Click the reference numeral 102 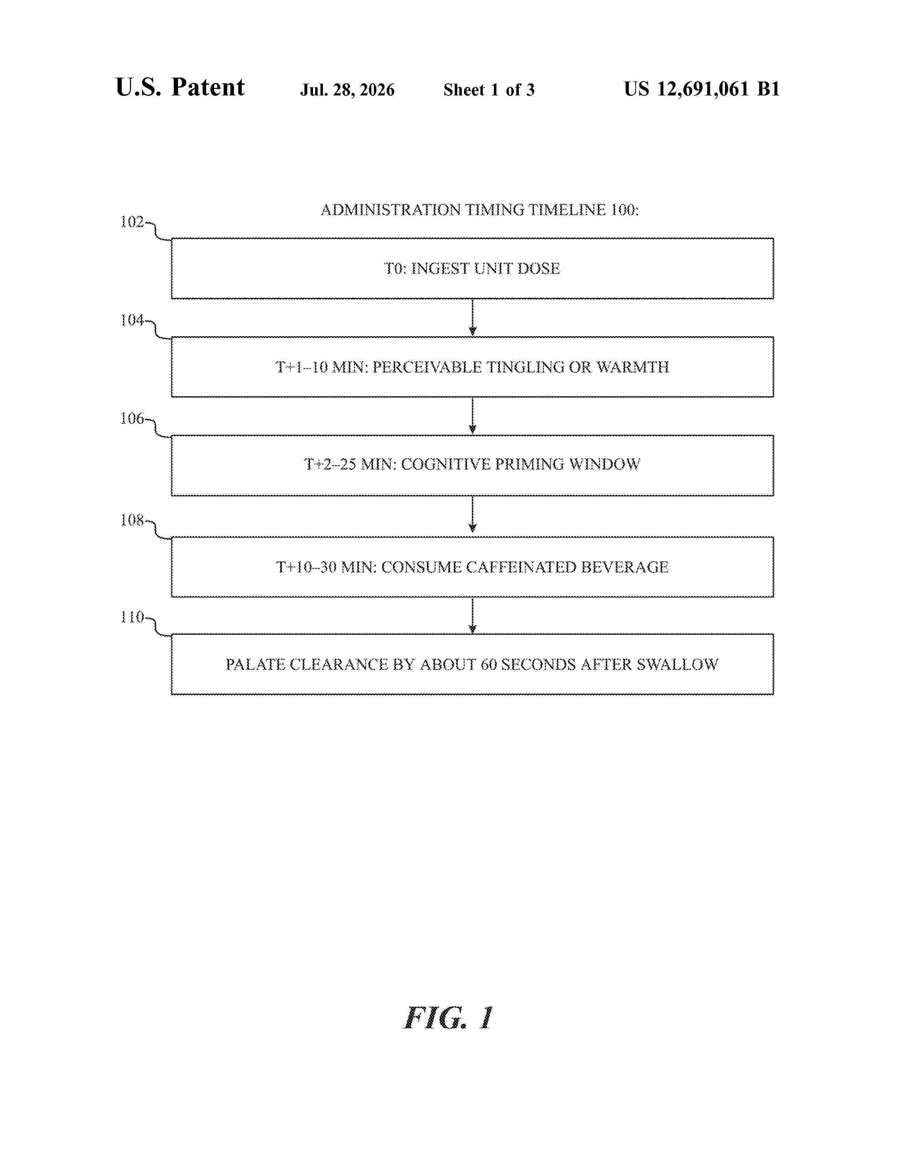tap(132, 222)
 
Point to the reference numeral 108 tap(132, 520)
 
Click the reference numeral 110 tap(132, 617)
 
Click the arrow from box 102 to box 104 tap(472, 317)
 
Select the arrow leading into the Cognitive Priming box tap(472, 416)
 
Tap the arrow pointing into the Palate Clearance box tap(472, 616)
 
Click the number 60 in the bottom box tap(489, 664)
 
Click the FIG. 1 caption tap(448, 1018)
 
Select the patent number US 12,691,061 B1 tap(701, 89)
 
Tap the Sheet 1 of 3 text tap(489, 90)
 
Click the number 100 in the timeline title tap(624, 210)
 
